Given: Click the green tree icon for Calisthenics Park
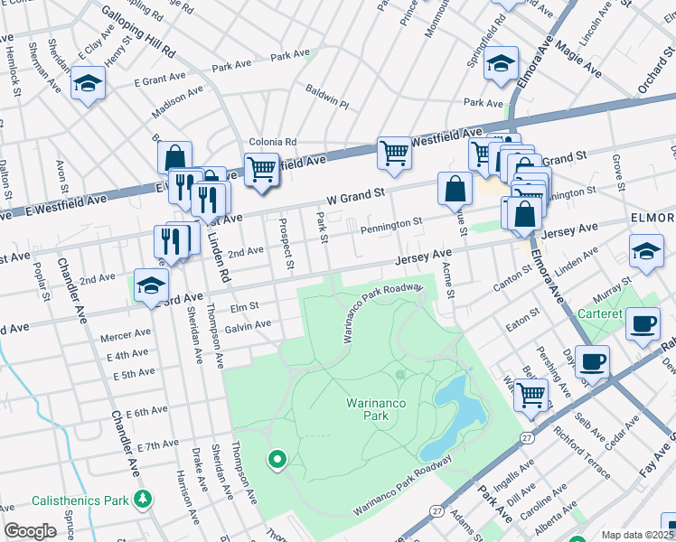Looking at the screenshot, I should point(142,499).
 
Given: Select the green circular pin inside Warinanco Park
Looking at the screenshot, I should point(277,461).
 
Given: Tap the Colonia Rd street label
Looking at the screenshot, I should point(273,142).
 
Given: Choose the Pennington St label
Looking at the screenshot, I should point(392,221).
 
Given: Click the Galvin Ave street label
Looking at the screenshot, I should point(248,325).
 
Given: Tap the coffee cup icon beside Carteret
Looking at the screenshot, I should point(643,322).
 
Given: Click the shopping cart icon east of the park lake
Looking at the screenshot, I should point(531,394).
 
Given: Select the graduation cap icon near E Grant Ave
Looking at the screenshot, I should point(88,84).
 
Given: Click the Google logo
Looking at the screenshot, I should point(30,530).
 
